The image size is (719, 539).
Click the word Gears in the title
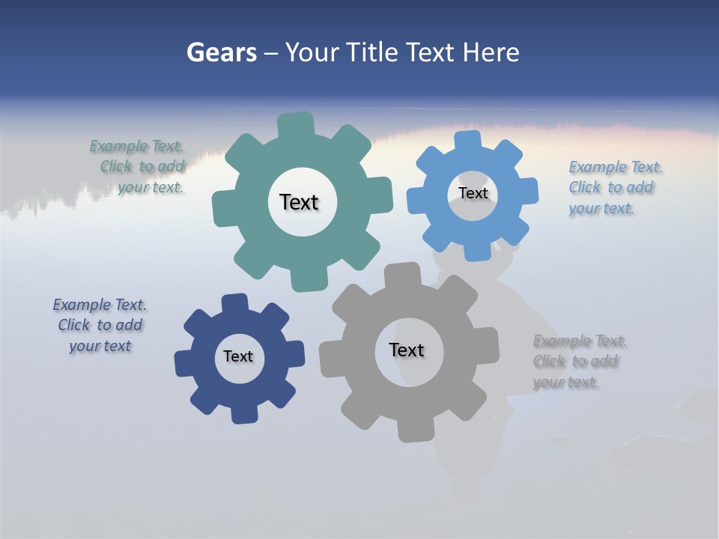222,53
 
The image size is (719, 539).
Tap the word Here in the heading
491,53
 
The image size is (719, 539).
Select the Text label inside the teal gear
299,202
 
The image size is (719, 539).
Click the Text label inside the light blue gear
473,193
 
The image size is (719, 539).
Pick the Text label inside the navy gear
238,356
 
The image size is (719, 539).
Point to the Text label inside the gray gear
407,350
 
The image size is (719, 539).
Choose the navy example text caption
100,326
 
